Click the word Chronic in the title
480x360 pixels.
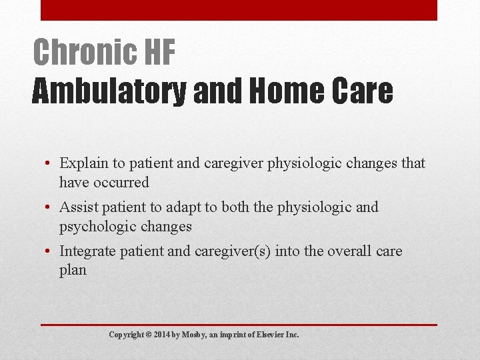[75, 52]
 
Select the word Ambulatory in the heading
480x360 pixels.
[109, 91]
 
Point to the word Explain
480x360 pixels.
[83, 163]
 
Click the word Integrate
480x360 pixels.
[87, 251]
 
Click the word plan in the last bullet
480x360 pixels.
[73, 271]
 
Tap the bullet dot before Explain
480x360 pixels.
[49, 164]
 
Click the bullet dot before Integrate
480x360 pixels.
[49, 252]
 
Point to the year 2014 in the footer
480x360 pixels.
[162, 335]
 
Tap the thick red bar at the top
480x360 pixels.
[239, 10]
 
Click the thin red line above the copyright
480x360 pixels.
[239, 325]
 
